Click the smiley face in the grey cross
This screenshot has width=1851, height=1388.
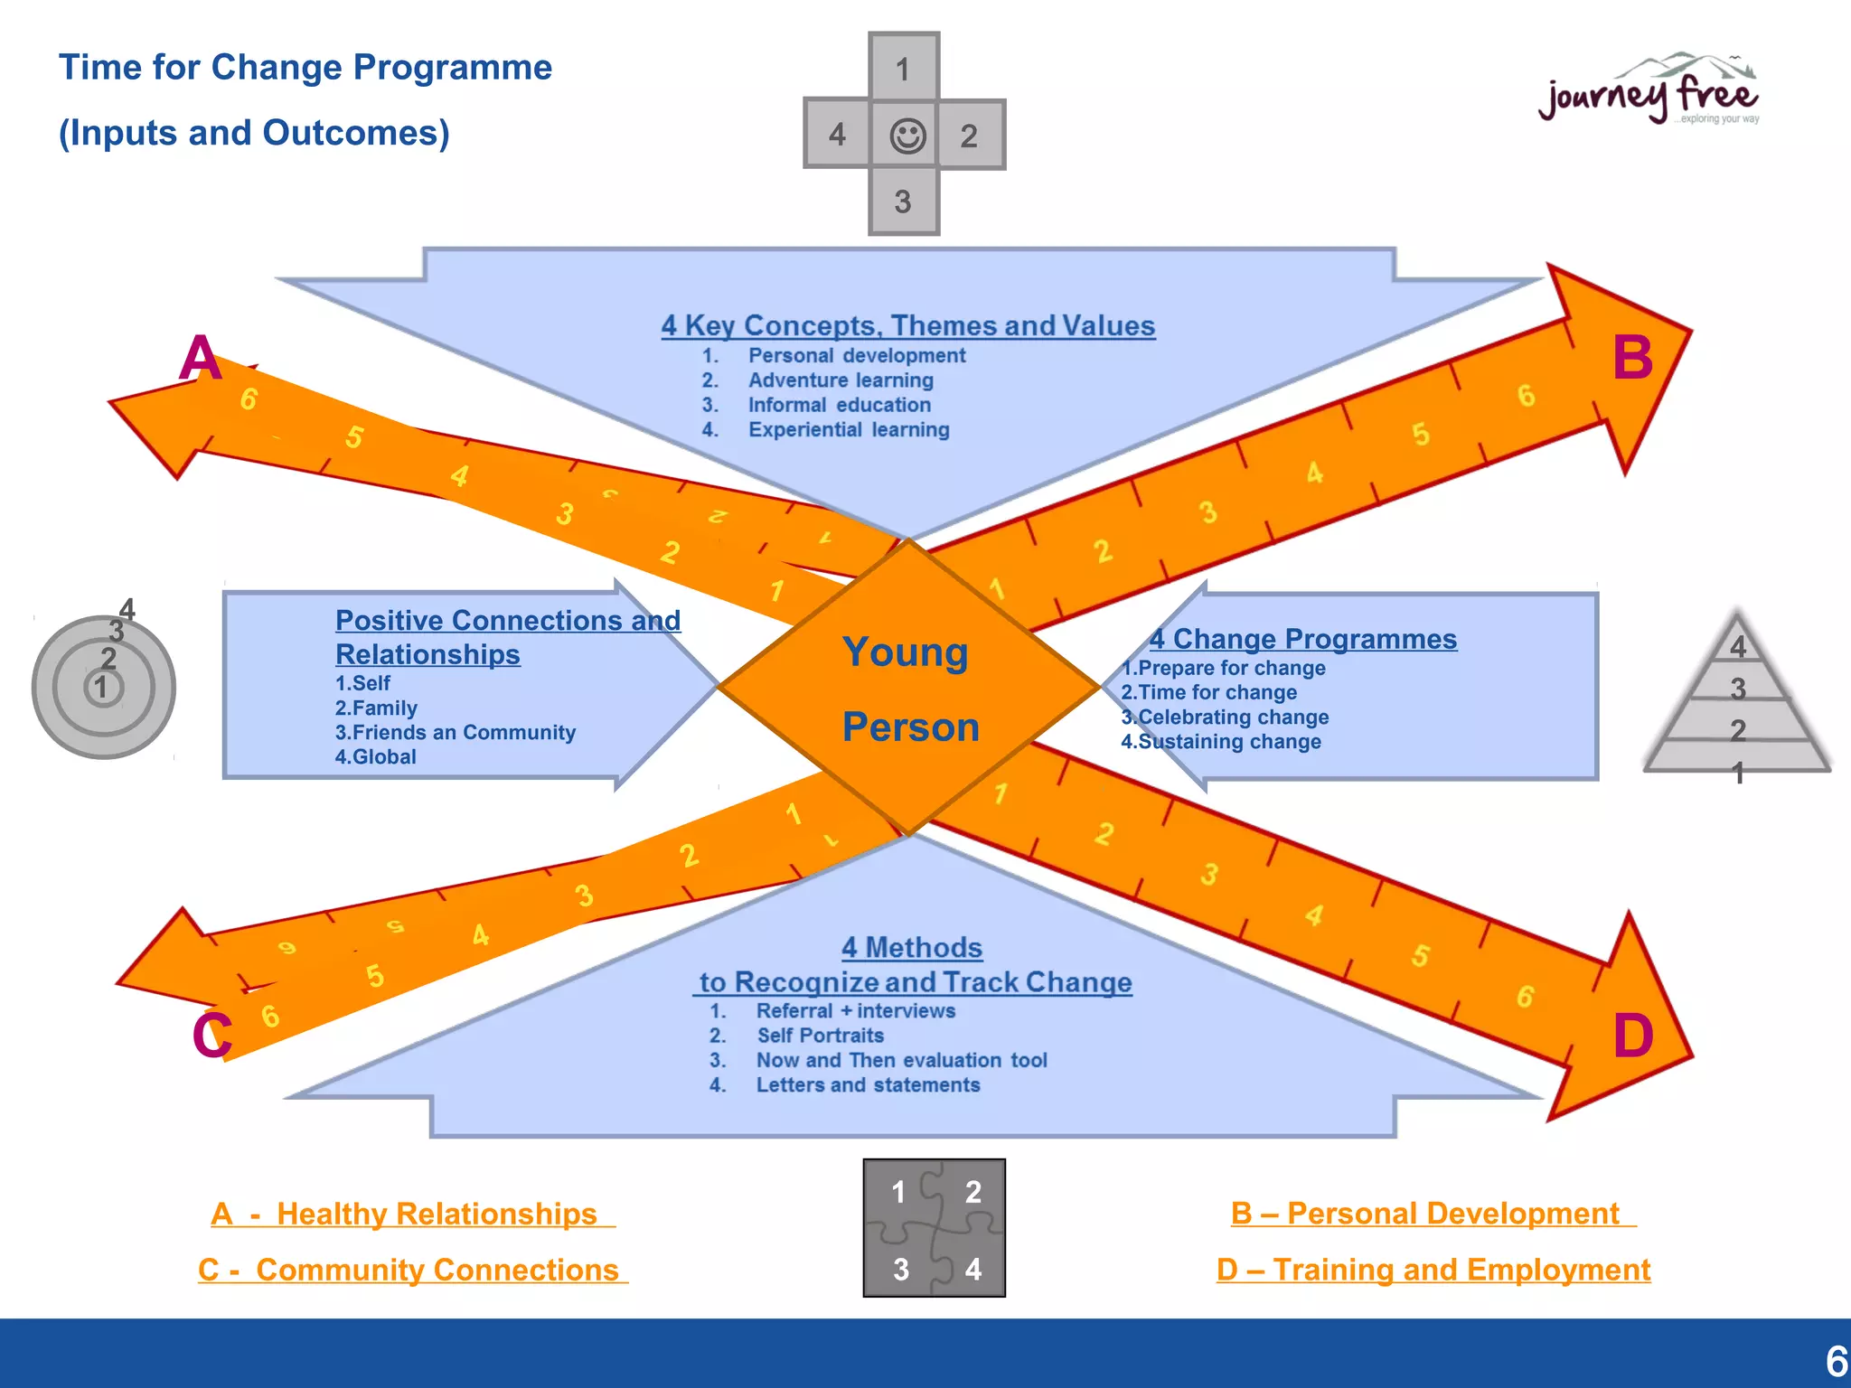(x=907, y=136)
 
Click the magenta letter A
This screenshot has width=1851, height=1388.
(x=200, y=359)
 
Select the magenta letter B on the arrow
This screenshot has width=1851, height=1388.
(x=1632, y=358)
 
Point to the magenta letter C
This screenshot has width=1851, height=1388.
(x=211, y=1035)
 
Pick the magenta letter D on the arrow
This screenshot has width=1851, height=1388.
(x=1633, y=1036)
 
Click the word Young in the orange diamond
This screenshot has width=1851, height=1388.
(x=905, y=652)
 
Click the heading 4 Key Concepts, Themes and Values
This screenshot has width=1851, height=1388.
(x=907, y=325)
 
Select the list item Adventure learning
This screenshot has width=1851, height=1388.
(x=840, y=380)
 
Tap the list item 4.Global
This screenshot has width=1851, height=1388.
(x=375, y=757)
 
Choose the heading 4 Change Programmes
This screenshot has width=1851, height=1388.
(x=1302, y=639)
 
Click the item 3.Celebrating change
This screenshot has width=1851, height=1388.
(x=1225, y=717)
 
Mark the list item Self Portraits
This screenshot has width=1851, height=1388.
(x=820, y=1036)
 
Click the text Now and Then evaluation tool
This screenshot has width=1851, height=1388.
(x=901, y=1060)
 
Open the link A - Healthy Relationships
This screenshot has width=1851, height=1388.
(x=412, y=1214)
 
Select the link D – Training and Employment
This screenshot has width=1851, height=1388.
(x=1433, y=1270)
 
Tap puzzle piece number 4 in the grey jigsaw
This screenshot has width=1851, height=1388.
(x=972, y=1269)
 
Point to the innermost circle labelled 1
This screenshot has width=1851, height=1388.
(x=101, y=688)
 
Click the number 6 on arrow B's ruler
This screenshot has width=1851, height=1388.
(x=1526, y=396)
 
